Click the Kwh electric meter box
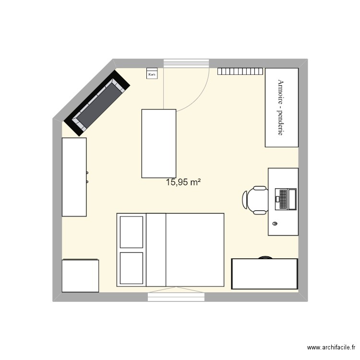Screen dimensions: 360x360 click(152, 74)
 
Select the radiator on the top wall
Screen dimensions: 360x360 click(240, 72)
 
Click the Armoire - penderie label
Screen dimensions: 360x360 click(281, 107)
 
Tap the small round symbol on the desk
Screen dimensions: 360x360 click(275, 224)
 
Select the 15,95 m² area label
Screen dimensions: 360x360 click(183, 182)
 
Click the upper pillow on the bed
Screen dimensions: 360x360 click(132, 232)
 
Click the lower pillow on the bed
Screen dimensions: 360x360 click(132, 268)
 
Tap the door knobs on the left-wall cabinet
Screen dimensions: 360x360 click(87, 177)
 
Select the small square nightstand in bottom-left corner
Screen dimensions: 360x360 click(80, 276)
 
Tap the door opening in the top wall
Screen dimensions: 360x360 click(186, 63)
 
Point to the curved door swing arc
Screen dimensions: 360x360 click(201, 96)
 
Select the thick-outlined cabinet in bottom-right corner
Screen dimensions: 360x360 click(264, 274)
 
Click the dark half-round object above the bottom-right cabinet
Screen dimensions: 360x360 click(264, 257)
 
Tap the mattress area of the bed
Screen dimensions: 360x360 click(194, 250)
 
